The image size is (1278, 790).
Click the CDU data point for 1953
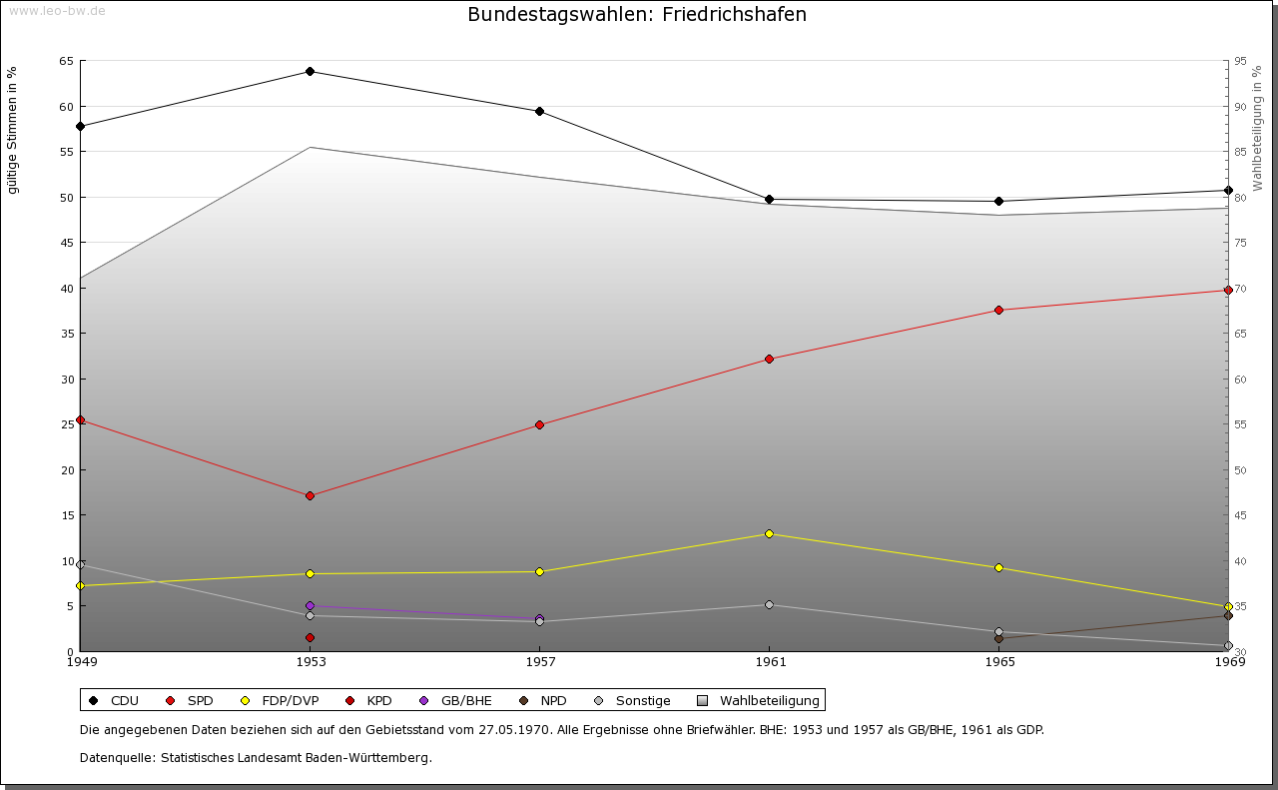click(x=311, y=71)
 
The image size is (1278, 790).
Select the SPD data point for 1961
click(x=769, y=359)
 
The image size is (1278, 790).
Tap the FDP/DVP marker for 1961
click(x=769, y=533)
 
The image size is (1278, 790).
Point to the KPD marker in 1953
click(x=311, y=637)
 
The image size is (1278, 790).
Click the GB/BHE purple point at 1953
click(x=311, y=605)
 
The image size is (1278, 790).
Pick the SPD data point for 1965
click(x=998, y=310)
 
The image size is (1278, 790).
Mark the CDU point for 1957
click(x=539, y=111)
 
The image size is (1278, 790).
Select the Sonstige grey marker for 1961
click(x=769, y=604)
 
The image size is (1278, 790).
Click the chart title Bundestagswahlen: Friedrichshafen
click(x=637, y=15)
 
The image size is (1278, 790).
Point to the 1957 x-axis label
click(x=540, y=661)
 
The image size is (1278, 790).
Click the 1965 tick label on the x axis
click(x=999, y=661)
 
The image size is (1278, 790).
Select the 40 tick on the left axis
click(x=66, y=288)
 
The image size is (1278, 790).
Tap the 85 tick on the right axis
click(x=1240, y=152)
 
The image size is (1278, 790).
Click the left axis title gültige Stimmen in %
click(x=13, y=130)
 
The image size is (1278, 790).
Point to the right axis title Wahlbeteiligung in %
click(x=1257, y=128)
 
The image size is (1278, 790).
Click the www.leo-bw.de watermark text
click(x=57, y=11)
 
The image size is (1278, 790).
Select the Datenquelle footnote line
click(x=256, y=757)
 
